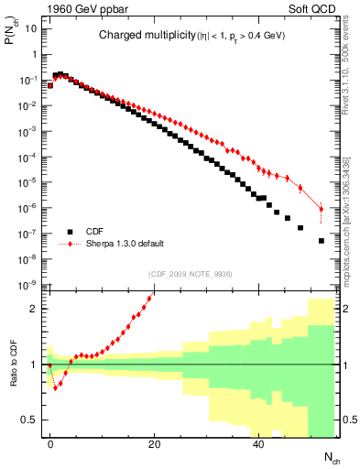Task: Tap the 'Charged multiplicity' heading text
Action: [136, 36]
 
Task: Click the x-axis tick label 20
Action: [154, 443]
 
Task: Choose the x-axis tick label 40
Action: [258, 443]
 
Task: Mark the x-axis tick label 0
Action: [49, 443]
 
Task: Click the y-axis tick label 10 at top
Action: [31, 27]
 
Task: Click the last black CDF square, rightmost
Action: [322, 241]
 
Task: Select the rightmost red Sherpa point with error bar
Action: [322, 209]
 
